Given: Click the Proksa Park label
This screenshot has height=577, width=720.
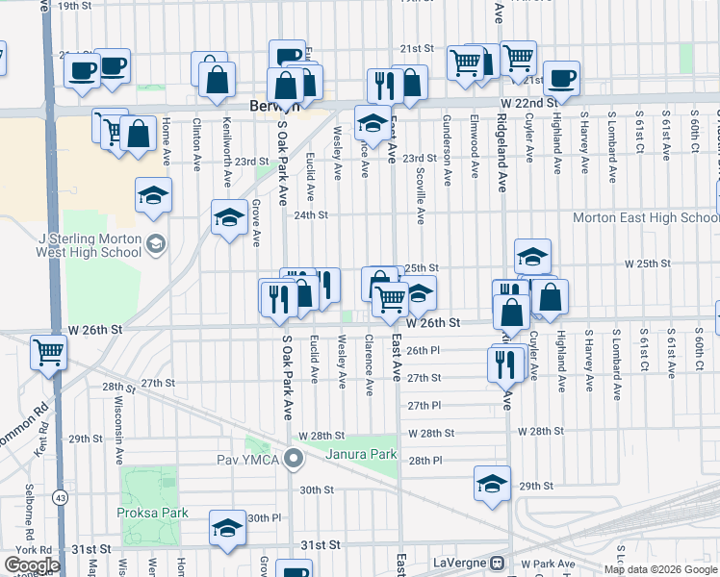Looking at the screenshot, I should pos(155,513).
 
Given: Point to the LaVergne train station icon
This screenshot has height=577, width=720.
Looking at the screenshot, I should pos(498,563).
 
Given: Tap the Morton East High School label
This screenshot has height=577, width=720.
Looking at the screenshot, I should pos(645,217).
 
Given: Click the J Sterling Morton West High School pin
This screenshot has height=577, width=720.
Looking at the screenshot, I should pos(155,246).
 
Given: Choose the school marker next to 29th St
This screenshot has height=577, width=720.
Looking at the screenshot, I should pos(492,484).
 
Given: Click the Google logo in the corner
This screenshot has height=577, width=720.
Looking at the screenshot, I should pos(32,565).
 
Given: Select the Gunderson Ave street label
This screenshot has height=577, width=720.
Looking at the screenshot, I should pos(447,136).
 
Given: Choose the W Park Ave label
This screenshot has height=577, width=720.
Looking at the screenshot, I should pos(544,564).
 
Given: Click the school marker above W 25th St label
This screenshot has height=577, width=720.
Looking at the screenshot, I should pos(532,256).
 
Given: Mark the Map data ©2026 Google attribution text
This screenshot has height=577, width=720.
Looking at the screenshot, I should pos(658,569).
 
